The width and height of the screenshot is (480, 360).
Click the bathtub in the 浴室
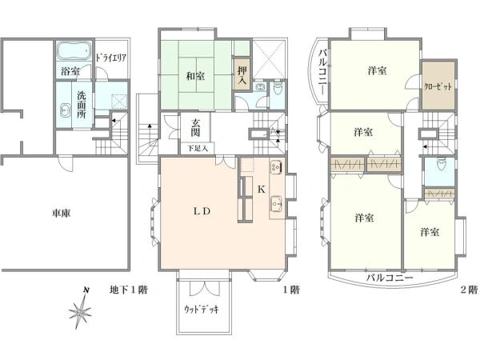click(74, 51)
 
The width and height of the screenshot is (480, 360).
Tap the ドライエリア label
click(111, 58)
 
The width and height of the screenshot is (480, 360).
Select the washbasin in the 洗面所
click(66, 110)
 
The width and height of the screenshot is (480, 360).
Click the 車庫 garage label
click(62, 213)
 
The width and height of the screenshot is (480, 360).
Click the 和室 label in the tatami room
click(195, 76)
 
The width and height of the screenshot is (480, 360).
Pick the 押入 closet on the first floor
click(242, 74)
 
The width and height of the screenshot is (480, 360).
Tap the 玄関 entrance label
click(196, 127)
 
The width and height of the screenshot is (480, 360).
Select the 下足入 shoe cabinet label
click(198, 149)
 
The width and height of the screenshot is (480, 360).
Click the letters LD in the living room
click(202, 211)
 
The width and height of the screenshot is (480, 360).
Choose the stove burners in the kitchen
click(275, 167)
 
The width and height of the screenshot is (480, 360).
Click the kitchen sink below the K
click(277, 203)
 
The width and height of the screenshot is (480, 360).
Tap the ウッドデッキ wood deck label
click(201, 310)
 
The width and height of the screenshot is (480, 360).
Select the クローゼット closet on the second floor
click(438, 86)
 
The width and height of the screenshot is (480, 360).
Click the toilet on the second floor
click(441, 164)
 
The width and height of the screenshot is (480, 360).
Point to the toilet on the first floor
click(278, 89)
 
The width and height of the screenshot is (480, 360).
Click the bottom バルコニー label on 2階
click(390, 278)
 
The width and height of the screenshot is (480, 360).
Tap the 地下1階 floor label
click(129, 290)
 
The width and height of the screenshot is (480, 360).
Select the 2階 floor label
click(469, 290)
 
